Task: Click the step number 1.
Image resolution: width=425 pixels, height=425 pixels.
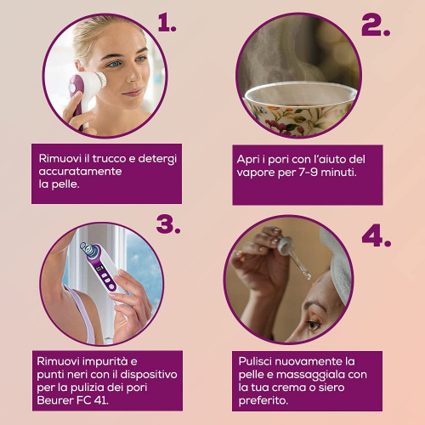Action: click(167, 23)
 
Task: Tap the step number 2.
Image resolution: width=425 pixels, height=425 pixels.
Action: click(376, 25)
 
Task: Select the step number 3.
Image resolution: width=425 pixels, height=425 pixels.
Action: click(168, 224)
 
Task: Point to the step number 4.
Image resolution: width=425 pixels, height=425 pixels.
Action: click(377, 236)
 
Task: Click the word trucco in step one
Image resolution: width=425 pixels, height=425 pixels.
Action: click(109, 158)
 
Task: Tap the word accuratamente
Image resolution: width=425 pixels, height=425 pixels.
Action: click(80, 172)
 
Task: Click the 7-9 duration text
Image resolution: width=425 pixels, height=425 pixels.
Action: click(308, 172)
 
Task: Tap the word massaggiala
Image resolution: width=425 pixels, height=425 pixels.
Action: click(310, 375)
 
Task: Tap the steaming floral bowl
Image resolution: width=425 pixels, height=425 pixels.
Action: click(299, 109)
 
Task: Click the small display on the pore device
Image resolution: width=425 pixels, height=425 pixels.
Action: click(99, 268)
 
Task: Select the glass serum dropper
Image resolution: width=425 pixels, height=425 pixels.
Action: click(294, 256)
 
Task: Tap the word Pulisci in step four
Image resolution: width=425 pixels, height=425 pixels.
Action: click(255, 362)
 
